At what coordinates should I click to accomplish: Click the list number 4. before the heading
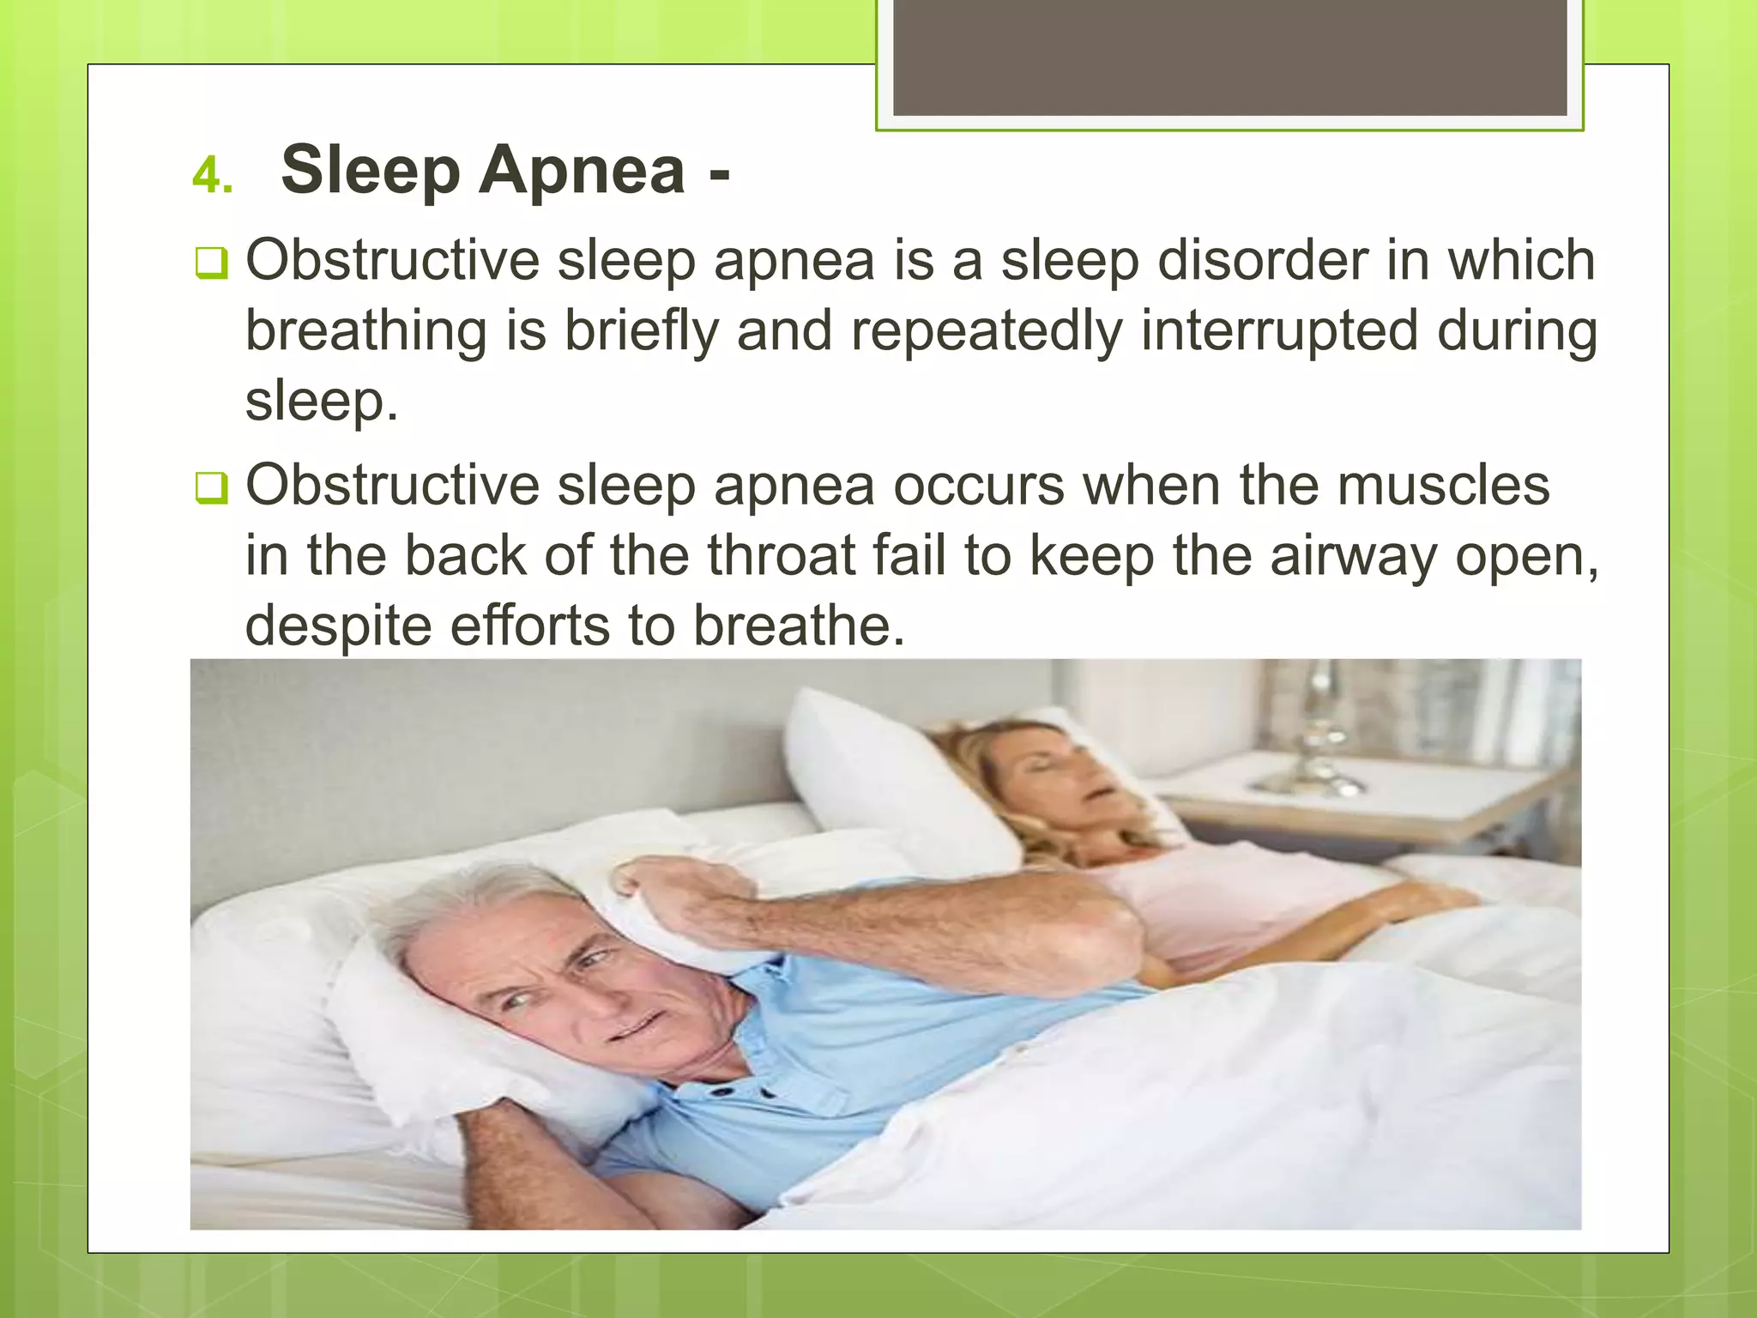coord(212,176)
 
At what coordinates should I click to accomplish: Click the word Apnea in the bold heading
coord(583,170)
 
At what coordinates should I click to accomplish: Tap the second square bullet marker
coord(210,488)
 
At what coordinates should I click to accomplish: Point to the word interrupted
coord(1279,330)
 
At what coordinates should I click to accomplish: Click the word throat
coord(781,555)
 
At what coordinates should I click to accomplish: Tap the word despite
coord(338,626)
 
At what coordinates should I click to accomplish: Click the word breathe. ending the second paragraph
coord(799,625)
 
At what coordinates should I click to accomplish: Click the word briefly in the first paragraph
coord(640,330)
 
